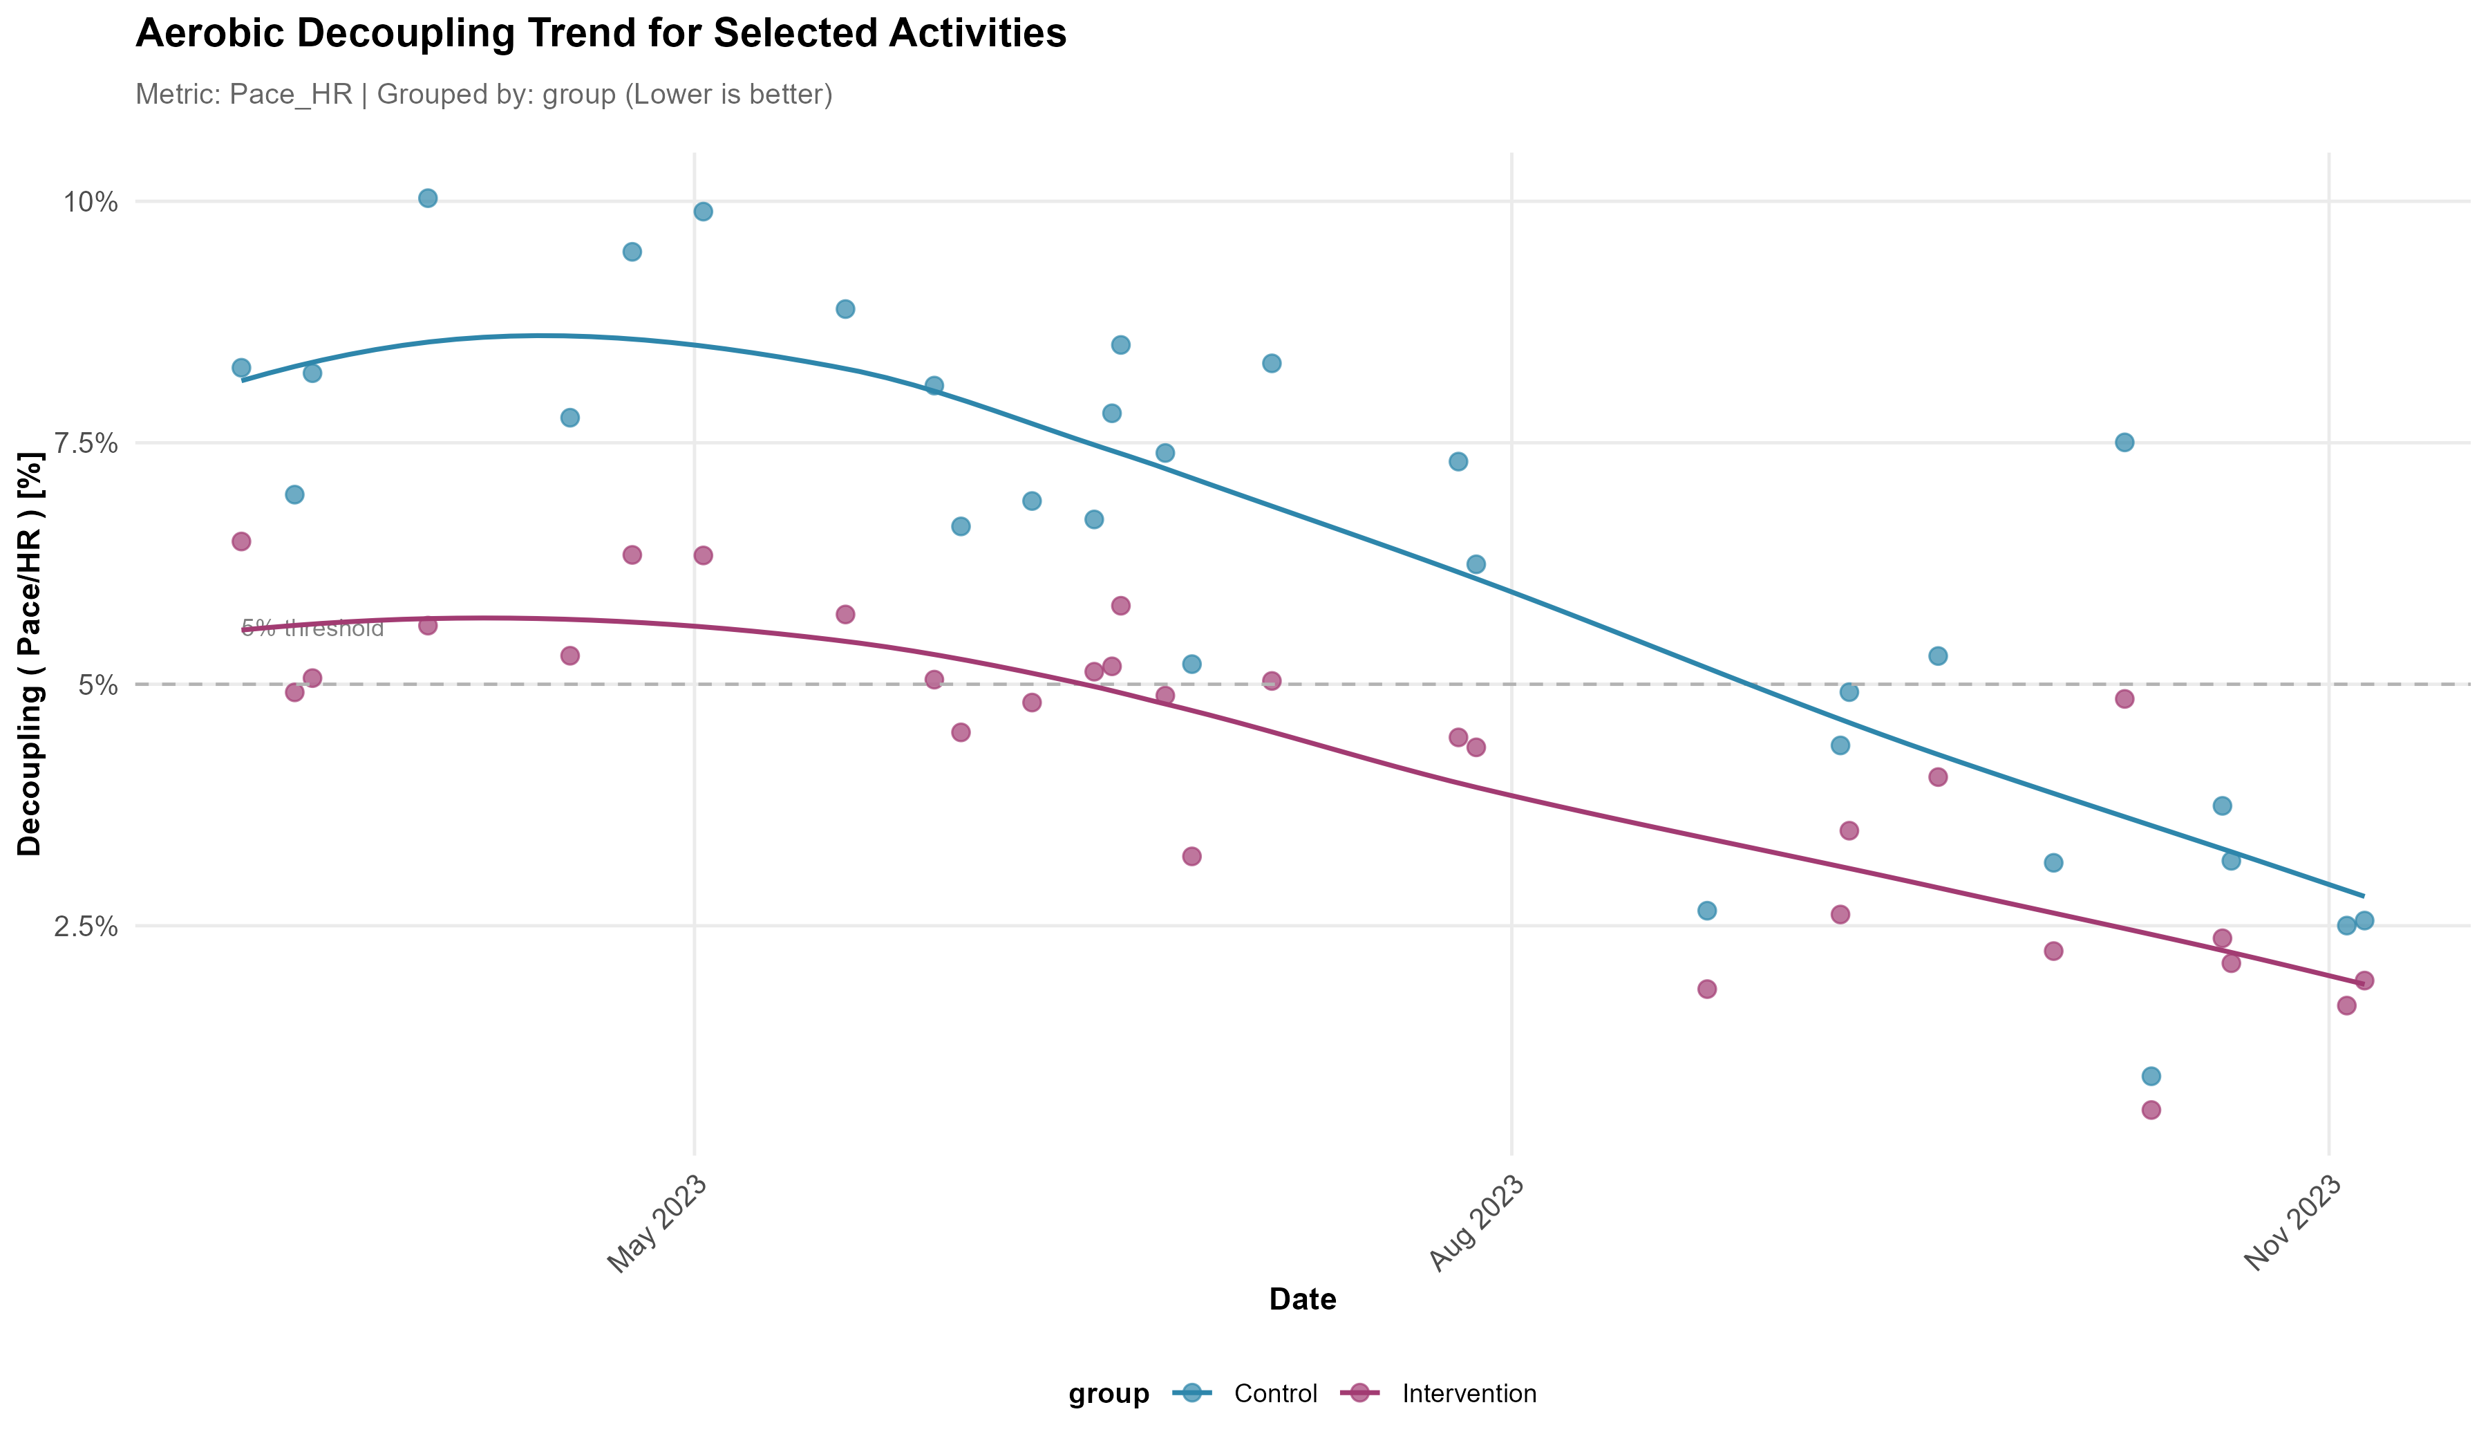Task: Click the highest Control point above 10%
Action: pos(428,198)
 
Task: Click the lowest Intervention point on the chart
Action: pos(2151,1110)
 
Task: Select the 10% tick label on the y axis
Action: pos(91,203)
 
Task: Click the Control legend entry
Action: pos(1274,1394)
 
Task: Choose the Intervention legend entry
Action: pos(1468,1394)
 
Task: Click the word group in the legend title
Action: pos(1109,1394)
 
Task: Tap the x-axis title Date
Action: pos(1302,1299)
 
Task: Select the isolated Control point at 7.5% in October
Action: pos(2124,443)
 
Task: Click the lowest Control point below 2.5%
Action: pos(2151,1076)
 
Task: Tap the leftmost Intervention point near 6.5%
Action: pos(241,541)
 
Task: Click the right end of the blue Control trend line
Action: pos(2363,895)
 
